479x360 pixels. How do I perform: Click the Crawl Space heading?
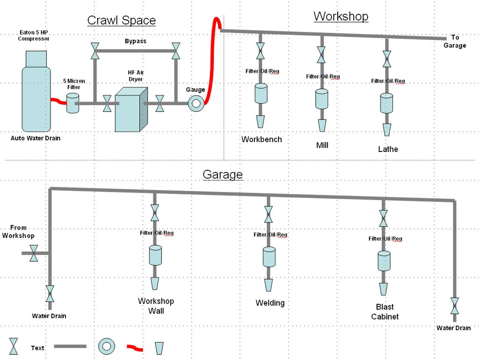pos(121,21)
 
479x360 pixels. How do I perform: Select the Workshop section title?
pos(341,16)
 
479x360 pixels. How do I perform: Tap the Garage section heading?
pos(223,175)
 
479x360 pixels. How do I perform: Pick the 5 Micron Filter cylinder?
pos(73,103)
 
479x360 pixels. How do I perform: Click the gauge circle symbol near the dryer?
pos(195,104)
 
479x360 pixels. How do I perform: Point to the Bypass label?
pos(135,41)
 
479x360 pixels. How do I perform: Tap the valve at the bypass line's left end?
pos(95,51)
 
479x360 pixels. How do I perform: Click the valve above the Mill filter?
pos(321,55)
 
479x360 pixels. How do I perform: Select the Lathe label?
pos(388,149)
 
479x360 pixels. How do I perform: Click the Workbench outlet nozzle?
pos(261,122)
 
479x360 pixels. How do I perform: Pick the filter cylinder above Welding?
pos(269,257)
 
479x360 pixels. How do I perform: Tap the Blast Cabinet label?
pos(385,312)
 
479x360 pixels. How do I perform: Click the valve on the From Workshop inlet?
pos(34,253)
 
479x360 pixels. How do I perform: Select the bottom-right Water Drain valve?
pos(454,306)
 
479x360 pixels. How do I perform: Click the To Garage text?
pos(458,42)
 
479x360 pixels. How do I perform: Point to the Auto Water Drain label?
pos(36,138)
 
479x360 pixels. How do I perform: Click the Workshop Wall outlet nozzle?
pos(155,283)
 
